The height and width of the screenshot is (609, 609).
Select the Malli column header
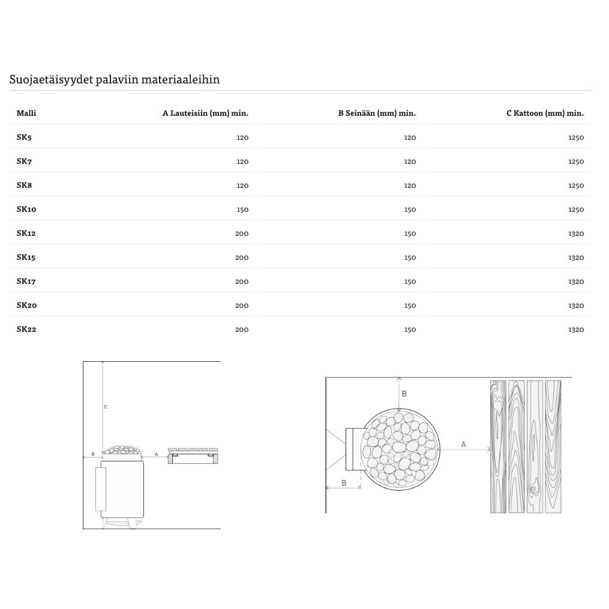26,113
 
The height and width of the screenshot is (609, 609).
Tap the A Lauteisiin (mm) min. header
205,113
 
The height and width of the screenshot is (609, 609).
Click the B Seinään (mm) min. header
377,113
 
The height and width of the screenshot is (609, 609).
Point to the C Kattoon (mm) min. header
545,113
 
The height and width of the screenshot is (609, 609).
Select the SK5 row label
24,137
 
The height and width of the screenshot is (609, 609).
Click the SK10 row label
26,209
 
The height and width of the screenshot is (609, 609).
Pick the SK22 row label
26,329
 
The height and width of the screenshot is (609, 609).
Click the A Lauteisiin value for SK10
242,209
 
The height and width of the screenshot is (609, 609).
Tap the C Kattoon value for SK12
575,233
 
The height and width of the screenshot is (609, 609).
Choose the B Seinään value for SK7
410,161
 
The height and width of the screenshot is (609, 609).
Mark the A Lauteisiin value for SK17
242,281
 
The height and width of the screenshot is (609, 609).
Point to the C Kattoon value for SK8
575,185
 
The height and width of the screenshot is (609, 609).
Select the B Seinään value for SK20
410,305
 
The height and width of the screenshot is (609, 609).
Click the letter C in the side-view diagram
106,407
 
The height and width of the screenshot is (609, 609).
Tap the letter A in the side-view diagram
156,454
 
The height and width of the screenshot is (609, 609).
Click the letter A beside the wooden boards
463,445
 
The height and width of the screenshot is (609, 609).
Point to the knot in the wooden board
533,490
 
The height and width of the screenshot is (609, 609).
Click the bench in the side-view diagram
193,456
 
